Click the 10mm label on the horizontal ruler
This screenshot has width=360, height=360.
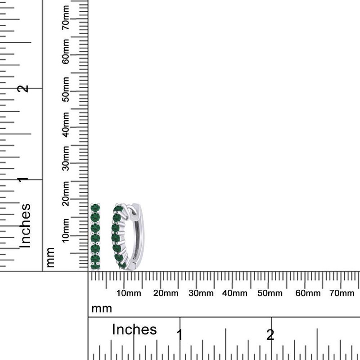click(x=129, y=293)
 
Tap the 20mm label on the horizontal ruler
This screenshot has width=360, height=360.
click(x=166, y=293)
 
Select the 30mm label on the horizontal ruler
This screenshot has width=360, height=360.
click(x=201, y=293)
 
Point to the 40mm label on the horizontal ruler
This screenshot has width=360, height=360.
click(x=234, y=293)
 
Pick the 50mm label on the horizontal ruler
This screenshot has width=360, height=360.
click(x=270, y=293)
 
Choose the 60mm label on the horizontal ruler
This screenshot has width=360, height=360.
click(x=308, y=293)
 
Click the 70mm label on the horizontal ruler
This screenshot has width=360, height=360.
click(x=342, y=293)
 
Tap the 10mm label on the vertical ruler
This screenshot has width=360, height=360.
click(x=65, y=230)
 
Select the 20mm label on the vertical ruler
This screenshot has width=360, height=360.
click(x=65, y=193)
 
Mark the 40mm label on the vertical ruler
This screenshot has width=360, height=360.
click(x=65, y=125)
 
